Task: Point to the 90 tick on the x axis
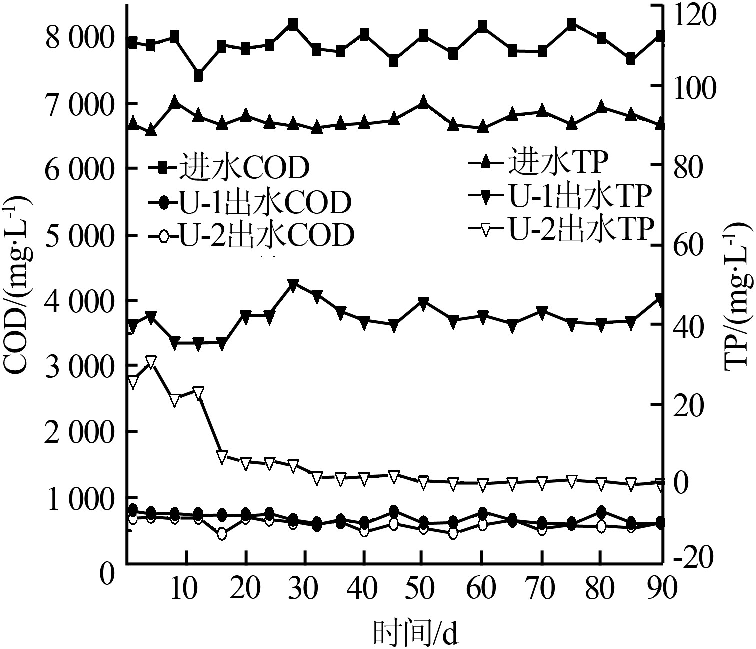pos(661,589)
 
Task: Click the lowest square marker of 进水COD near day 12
pos(198,76)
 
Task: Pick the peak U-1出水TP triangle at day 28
pos(293,284)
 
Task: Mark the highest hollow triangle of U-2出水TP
pos(151,362)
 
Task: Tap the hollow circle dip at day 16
pos(222,534)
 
